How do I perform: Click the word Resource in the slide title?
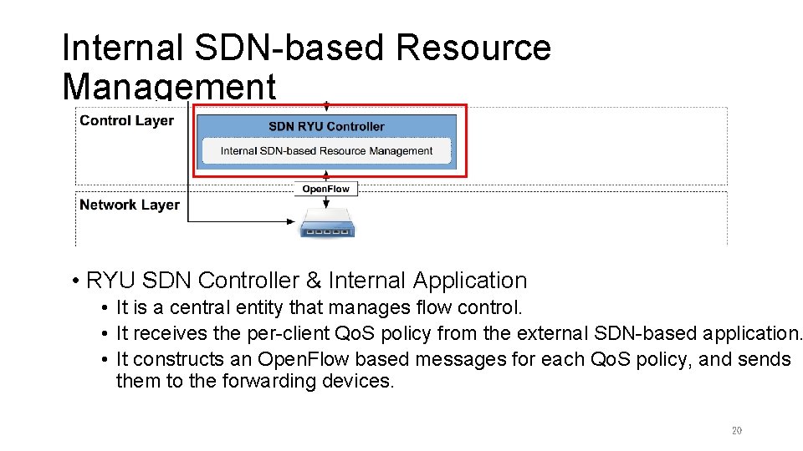pos(473,48)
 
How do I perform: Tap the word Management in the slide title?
pos(168,86)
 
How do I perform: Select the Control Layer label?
pos(126,120)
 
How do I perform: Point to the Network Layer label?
pos(129,205)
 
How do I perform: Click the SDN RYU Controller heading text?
pos(326,126)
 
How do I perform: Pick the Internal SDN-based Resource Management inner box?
pos(326,151)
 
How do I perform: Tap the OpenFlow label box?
pos(326,189)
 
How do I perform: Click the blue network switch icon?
pos(326,226)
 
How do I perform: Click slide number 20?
pos(736,431)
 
